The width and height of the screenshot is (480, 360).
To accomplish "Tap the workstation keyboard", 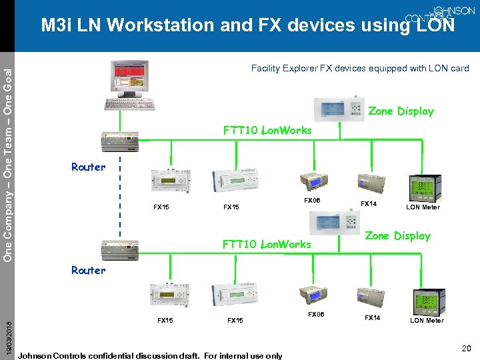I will pyautogui.click(x=130, y=105).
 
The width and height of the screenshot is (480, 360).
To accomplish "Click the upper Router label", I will pyautogui.click(x=89, y=167).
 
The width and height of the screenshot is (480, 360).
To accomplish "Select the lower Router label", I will pyautogui.click(x=89, y=270).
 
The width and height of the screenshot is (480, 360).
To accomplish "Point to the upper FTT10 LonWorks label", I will pyautogui.click(x=267, y=130).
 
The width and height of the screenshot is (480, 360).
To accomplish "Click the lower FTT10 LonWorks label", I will pyautogui.click(x=267, y=244).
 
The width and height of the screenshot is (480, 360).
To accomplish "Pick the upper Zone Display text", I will pyautogui.click(x=401, y=111).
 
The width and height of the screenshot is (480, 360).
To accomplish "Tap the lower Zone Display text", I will pyautogui.click(x=397, y=235).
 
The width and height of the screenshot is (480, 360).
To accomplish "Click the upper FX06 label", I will pyautogui.click(x=312, y=200).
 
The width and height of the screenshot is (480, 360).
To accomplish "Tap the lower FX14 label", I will pyautogui.click(x=372, y=318).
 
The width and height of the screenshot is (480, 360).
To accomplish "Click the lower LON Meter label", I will pyautogui.click(x=427, y=321).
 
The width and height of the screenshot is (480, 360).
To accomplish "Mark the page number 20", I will pyautogui.click(x=466, y=347).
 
